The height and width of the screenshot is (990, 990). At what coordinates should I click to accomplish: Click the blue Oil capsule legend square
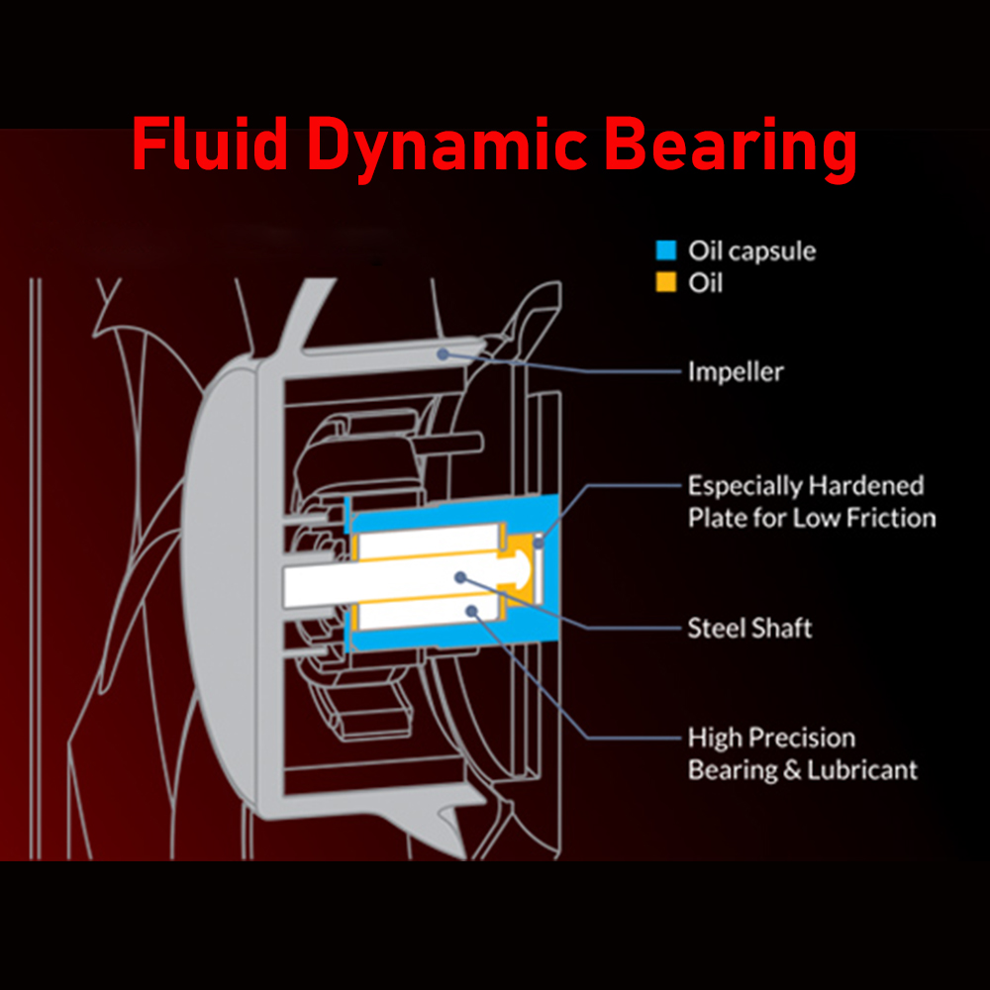(x=666, y=250)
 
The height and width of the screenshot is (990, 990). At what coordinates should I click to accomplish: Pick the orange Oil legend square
(x=666, y=282)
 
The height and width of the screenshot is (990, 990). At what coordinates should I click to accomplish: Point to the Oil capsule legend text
(x=751, y=250)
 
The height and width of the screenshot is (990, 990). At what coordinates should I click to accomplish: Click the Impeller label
(x=736, y=372)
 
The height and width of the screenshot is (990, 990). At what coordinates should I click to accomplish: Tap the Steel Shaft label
(x=749, y=628)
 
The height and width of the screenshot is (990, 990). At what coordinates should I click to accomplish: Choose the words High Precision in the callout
(x=771, y=738)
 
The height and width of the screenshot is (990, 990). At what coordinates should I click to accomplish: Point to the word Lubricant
(x=861, y=769)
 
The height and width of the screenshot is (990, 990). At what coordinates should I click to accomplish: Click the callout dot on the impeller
(x=443, y=351)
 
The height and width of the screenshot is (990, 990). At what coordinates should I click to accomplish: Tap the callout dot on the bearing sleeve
(x=473, y=612)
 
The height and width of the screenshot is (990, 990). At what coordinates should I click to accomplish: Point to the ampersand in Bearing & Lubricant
(x=791, y=769)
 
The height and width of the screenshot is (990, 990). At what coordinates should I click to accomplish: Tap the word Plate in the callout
(x=715, y=517)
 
